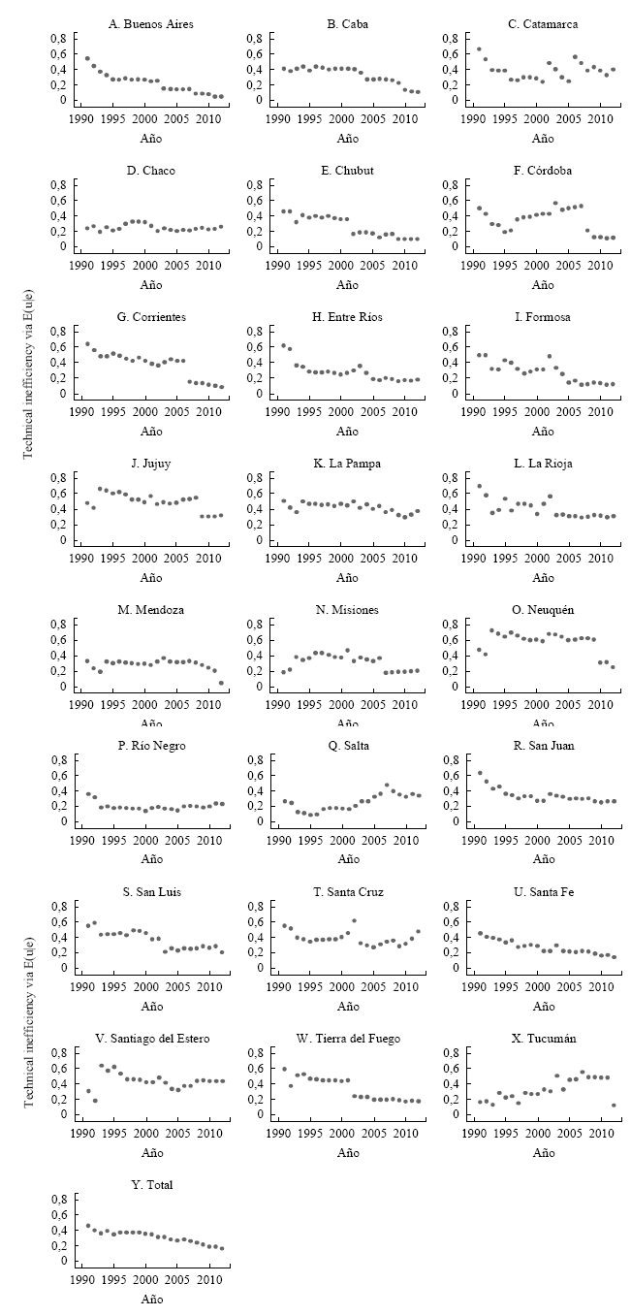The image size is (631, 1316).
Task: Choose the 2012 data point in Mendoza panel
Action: [221, 683]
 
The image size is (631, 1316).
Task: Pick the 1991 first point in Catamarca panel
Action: [479, 48]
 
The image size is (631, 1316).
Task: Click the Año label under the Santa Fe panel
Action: [543, 1006]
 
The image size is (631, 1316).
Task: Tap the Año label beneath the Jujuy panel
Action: [151, 577]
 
